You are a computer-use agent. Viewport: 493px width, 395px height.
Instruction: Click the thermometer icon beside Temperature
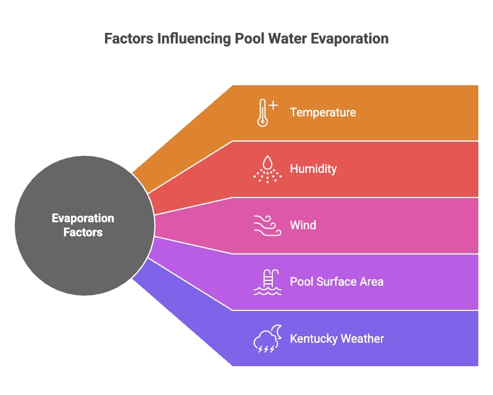click(262, 113)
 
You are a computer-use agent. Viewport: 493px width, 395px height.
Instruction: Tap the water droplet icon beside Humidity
click(267, 169)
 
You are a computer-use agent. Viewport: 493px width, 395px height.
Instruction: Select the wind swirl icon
click(266, 225)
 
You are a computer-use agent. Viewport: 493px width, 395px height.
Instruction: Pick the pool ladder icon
click(267, 282)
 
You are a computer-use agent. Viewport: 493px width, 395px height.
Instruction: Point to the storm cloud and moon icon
click(267, 339)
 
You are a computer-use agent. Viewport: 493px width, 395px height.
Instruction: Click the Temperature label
click(323, 112)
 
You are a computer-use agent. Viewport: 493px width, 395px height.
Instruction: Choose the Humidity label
click(313, 169)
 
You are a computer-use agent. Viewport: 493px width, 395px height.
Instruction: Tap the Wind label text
click(303, 225)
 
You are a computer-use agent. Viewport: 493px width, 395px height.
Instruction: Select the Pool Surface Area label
click(336, 282)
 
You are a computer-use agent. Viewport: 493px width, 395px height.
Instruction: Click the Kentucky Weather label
click(337, 339)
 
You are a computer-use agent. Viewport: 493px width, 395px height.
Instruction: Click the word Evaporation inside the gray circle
click(83, 219)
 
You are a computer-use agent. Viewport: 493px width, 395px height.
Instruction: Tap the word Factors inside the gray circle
click(83, 232)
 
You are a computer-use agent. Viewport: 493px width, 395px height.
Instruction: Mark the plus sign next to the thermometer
click(273, 106)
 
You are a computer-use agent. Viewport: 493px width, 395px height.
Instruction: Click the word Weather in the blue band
click(363, 339)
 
